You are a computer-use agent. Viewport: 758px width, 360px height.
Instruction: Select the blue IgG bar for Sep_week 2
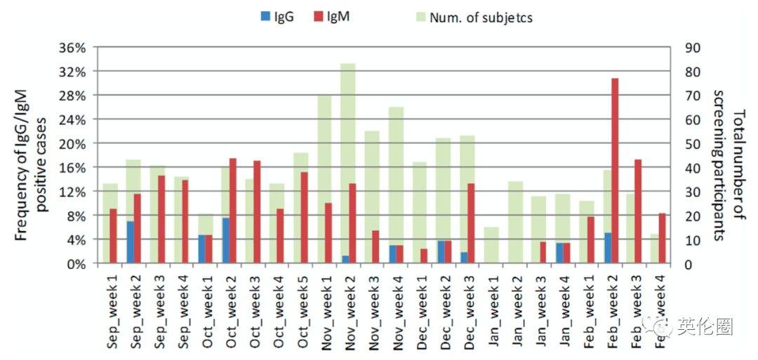point(131,242)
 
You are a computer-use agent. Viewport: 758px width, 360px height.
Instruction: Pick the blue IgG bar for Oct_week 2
point(226,241)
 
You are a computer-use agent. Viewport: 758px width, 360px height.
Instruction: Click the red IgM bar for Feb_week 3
point(638,211)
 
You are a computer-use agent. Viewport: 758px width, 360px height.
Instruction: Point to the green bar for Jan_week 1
point(491,245)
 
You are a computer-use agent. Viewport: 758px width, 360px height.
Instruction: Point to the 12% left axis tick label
point(72,192)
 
